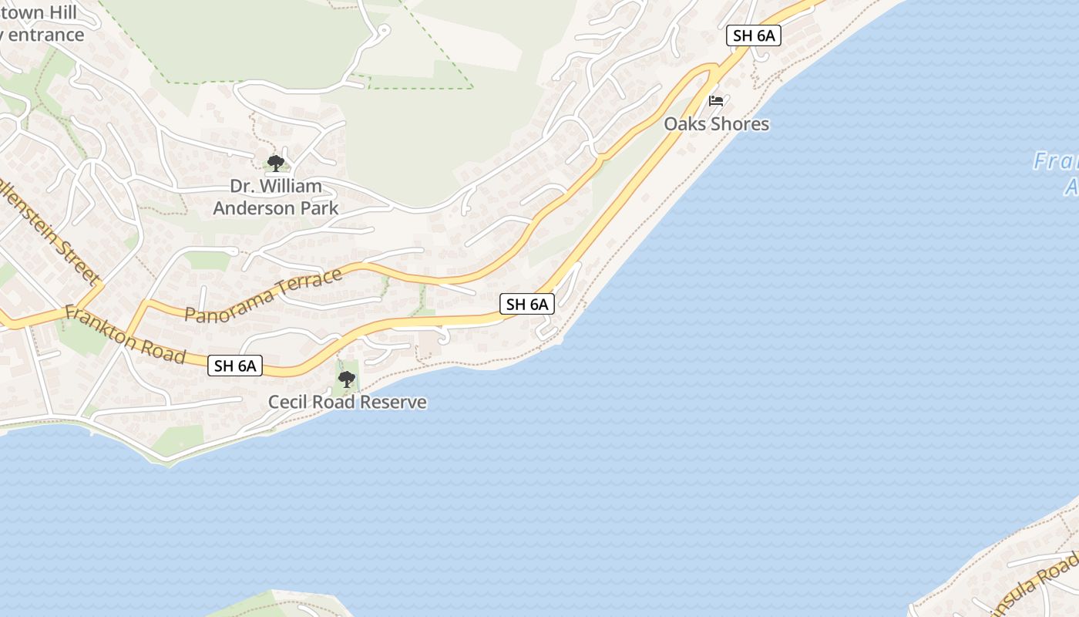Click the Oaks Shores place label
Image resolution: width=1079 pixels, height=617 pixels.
pos(716,124)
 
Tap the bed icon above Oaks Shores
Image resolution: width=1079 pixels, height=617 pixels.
pos(716,100)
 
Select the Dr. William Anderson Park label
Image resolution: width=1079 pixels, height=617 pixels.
pos(275,197)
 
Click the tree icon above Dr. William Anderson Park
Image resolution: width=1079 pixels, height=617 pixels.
pos(275,164)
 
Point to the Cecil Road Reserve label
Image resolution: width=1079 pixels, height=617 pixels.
pos(347,402)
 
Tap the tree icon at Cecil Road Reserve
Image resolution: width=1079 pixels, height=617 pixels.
pos(347,379)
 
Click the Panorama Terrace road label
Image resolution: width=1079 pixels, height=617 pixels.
pos(264,295)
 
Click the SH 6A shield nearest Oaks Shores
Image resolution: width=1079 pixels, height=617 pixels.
pos(753,35)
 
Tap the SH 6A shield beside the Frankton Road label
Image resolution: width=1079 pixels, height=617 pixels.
pos(235,366)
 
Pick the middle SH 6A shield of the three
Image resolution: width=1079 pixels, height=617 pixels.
pos(527,304)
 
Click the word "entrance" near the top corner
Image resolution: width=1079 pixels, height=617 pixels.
pos(46,35)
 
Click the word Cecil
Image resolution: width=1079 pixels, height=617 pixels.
pos(287,402)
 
